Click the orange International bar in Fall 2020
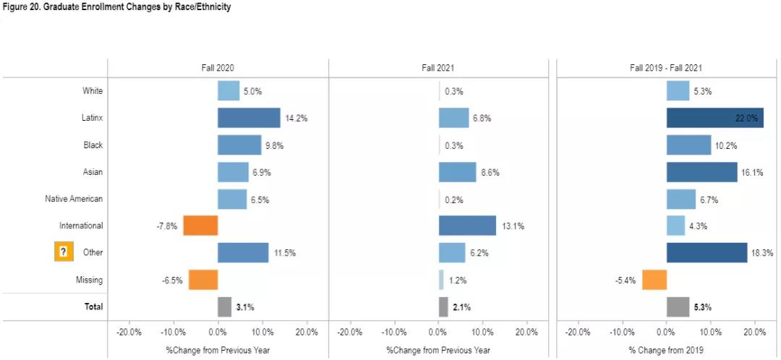[200, 226]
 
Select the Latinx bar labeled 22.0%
[714, 118]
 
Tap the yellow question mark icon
[64, 252]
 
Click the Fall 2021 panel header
[438, 67]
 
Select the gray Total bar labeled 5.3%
[678, 307]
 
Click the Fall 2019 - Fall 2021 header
[665, 67]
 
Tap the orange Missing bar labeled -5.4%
[654, 280]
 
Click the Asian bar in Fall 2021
[457, 172]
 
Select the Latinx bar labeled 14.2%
[249, 118]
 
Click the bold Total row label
[93, 307]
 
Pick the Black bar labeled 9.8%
[239, 145]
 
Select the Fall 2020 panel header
[218, 67]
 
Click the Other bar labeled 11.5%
[243, 252]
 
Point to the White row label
[93, 91]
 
